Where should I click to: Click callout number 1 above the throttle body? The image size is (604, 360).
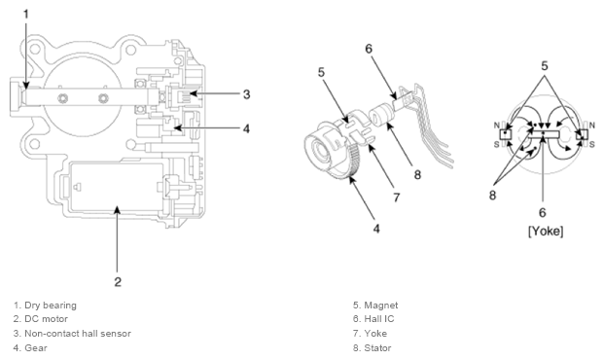[x=26, y=15]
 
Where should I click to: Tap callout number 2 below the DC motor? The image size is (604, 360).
[x=118, y=282]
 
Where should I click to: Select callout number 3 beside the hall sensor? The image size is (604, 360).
[x=246, y=94]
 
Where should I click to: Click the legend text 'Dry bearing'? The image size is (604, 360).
[x=51, y=306]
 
